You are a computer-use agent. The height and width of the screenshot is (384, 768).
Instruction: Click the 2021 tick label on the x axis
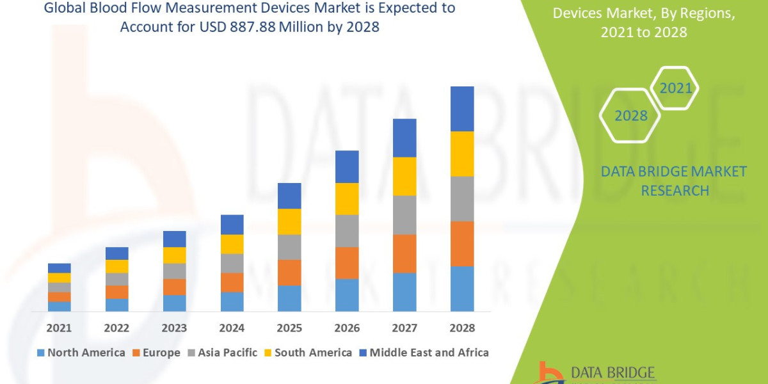(59, 328)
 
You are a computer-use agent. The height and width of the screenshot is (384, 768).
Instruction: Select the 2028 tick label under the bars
(462, 328)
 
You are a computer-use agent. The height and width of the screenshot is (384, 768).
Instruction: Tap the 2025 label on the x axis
(289, 328)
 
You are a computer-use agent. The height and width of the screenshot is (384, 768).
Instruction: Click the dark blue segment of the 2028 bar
(462, 109)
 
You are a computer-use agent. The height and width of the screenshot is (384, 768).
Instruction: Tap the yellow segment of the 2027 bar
(404, 176)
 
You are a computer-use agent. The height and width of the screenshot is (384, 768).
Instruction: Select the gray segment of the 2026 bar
(347, 230)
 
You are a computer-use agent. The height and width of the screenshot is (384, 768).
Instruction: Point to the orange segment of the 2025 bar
(289, 272)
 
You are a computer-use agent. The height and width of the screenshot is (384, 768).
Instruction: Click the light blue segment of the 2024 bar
(232, 301)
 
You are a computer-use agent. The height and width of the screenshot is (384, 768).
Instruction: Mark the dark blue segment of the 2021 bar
(59, 268)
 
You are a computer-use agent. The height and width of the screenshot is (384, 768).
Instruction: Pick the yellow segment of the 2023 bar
(174, 255)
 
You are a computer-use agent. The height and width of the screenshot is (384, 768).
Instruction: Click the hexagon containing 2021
(675, 88)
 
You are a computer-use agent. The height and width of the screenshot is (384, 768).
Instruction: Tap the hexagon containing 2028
(630, 116)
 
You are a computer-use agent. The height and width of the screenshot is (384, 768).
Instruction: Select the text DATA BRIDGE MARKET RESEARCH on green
(675, 180)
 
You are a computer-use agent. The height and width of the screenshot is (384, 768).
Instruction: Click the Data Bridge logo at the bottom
(595, 372)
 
